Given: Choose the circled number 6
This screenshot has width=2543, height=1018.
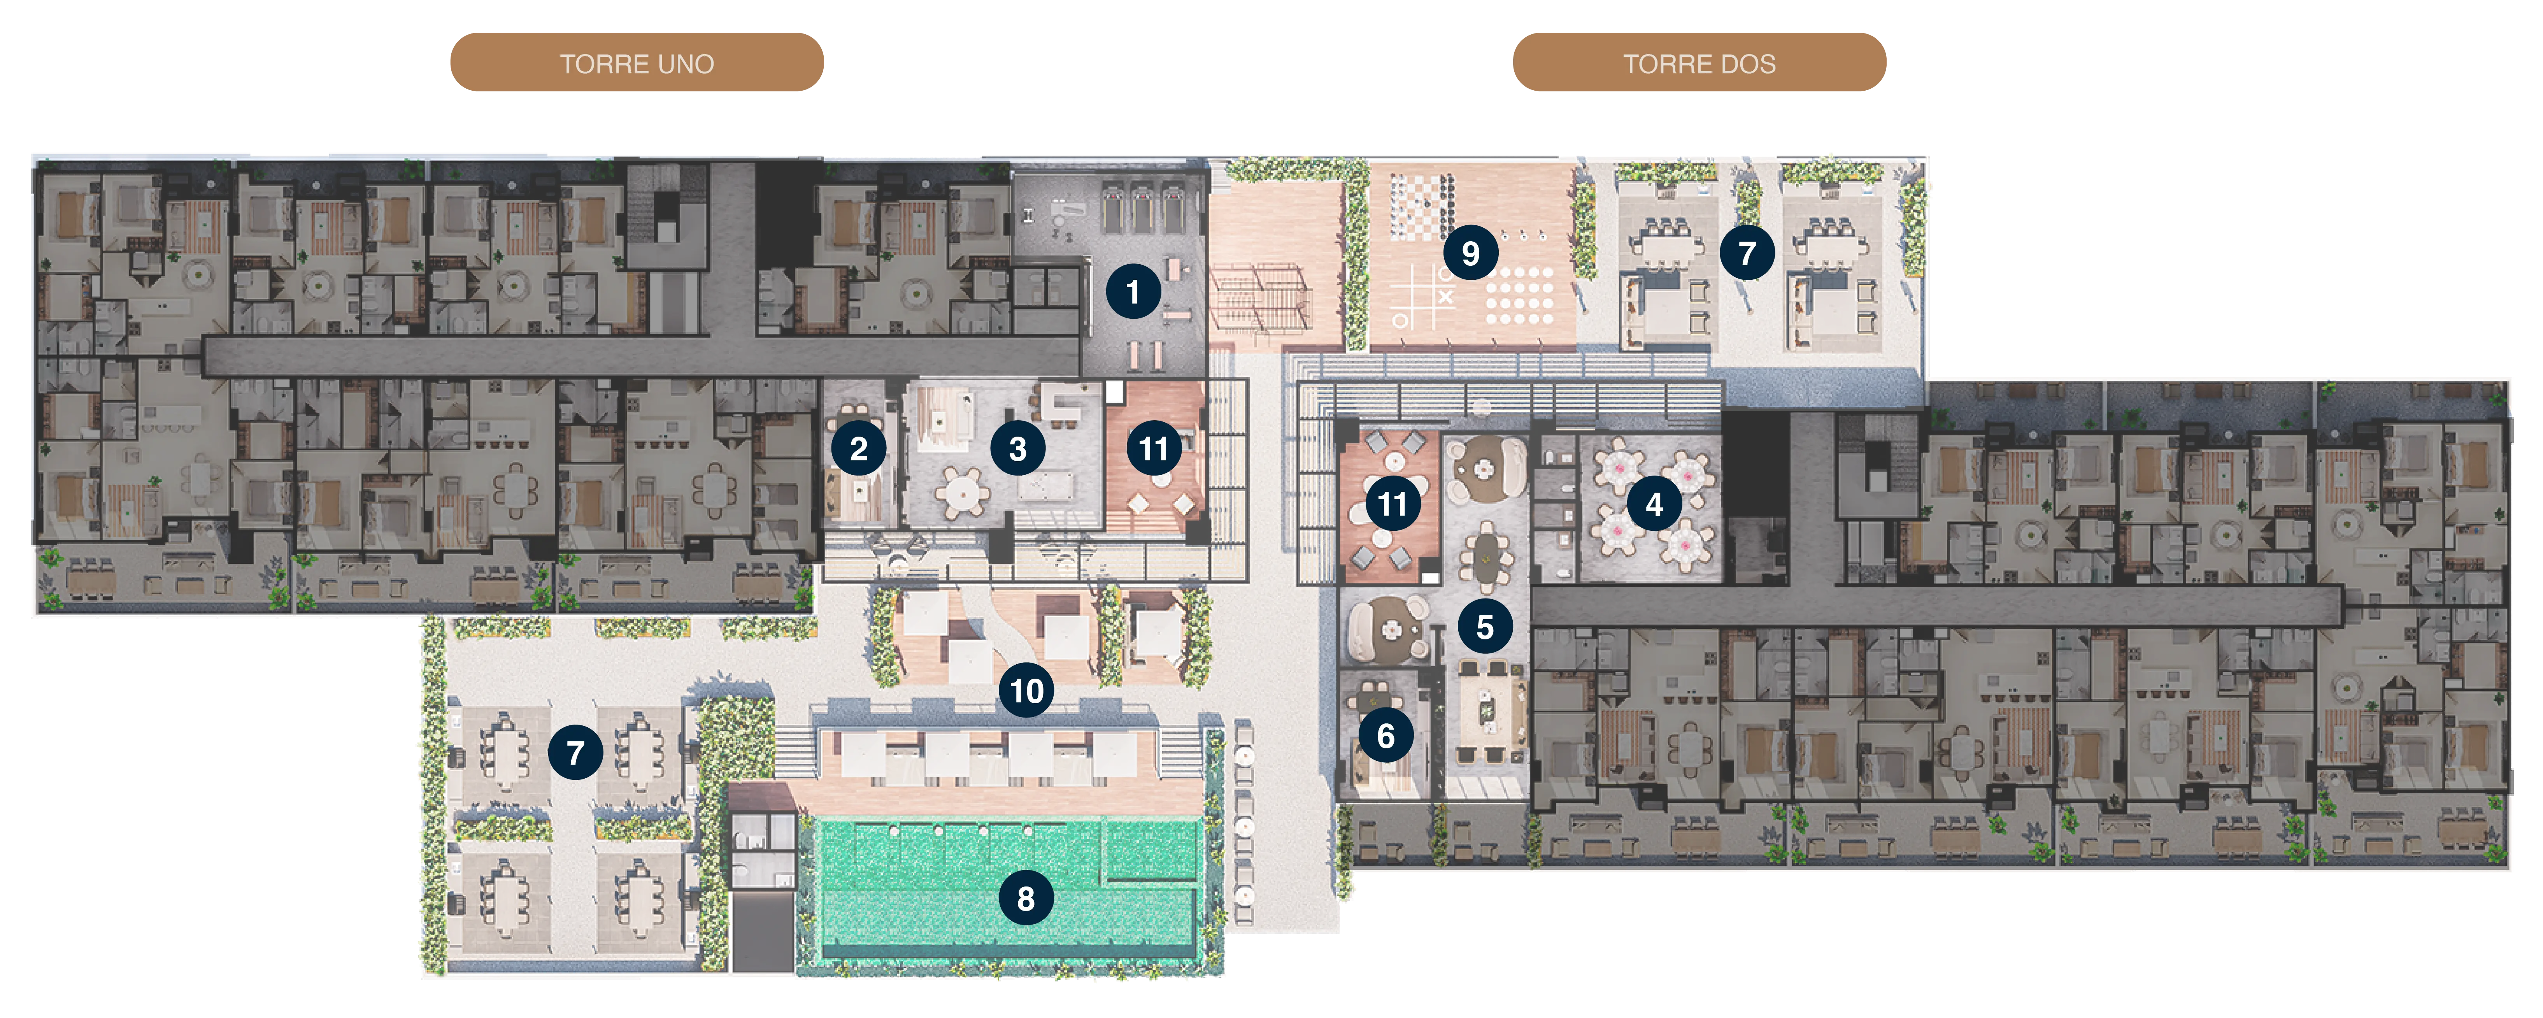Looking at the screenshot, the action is (1386, 735).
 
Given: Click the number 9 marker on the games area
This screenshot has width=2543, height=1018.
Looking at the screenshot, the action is (1471, 253).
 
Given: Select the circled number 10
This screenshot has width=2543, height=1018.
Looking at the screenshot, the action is (1027, 690).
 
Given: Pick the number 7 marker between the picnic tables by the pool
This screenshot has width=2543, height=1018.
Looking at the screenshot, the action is (575, 752).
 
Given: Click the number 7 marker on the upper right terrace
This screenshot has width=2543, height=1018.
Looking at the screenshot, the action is (1747, 253).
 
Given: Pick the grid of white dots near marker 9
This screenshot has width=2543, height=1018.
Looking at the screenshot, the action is (1520, 296).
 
